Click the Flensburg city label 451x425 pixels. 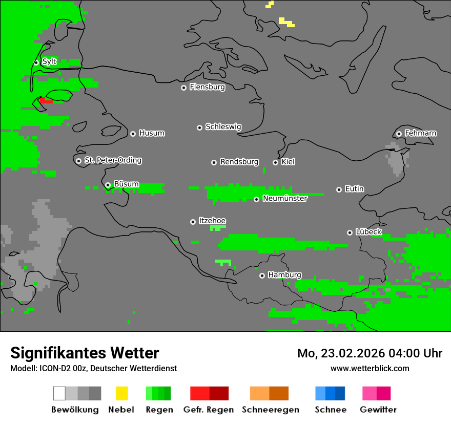(207, 87)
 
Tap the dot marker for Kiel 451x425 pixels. (275, 162)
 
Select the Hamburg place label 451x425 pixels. (284, 275)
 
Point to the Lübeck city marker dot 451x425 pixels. (350, 232)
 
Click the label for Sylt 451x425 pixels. (49, 61)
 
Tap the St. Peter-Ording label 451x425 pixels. (113, 160)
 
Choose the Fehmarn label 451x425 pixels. (420, 133)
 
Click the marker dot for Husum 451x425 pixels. (133, 134)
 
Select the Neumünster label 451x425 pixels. (285, 198)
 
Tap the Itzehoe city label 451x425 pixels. (212, 221)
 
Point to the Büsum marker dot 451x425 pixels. (108, 185)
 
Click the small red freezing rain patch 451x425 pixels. (46, 100)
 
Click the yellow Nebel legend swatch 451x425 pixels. (121, 393)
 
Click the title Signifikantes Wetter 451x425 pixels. (85, 353)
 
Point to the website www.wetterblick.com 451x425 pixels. (370, 368)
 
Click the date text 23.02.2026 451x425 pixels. (354, 353)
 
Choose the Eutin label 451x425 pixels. (354, 189)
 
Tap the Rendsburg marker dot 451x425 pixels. (214, 162)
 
